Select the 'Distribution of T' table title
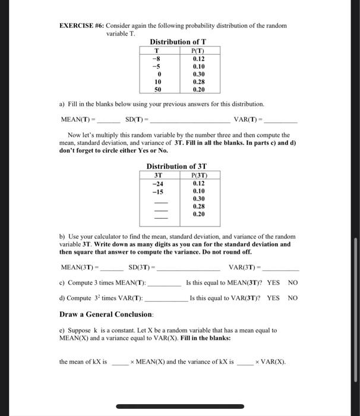coord(178,42)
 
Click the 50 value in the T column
coord(158,89)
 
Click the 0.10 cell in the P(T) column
coord(198,66)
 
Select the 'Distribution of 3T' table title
coord(177,166)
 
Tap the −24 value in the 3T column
coord(158,183)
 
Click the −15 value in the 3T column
coord(158,191)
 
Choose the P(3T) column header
coord(198,175)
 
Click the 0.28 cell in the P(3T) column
coord(198,206)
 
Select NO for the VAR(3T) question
coord(292,298)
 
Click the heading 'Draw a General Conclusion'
coord(106,313)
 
